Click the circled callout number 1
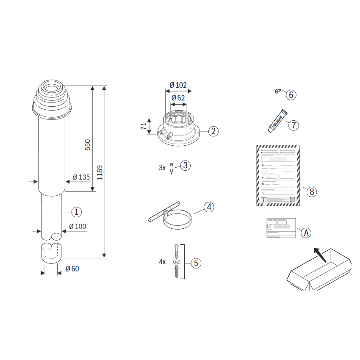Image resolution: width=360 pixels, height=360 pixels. pos(76,211)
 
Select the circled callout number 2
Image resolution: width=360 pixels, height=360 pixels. pos(213,131)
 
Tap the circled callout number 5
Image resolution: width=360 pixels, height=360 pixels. pos(195,263)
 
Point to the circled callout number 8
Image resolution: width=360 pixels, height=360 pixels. pos(311,191)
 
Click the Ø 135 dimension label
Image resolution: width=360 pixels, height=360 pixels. pos(81,177)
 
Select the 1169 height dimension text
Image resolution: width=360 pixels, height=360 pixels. pos(100,173)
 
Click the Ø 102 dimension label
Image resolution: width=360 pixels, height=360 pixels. pos(178,85)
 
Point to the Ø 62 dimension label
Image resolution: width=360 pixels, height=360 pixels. pos(178,98)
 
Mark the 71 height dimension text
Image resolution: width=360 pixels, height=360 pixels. pos(144,126)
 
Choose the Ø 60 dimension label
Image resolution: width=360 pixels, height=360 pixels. pos(72,269)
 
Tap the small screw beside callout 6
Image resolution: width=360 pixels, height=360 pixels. pos(278,91)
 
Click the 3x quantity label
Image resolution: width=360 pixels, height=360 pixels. pos(162,168)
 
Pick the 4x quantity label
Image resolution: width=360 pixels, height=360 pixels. pos(162,262)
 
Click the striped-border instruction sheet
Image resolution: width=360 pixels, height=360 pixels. pos(279,175)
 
